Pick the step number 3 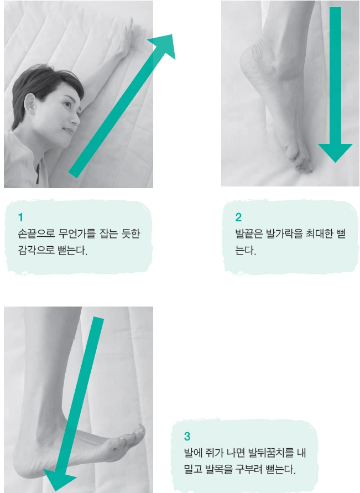coord(187,436)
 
